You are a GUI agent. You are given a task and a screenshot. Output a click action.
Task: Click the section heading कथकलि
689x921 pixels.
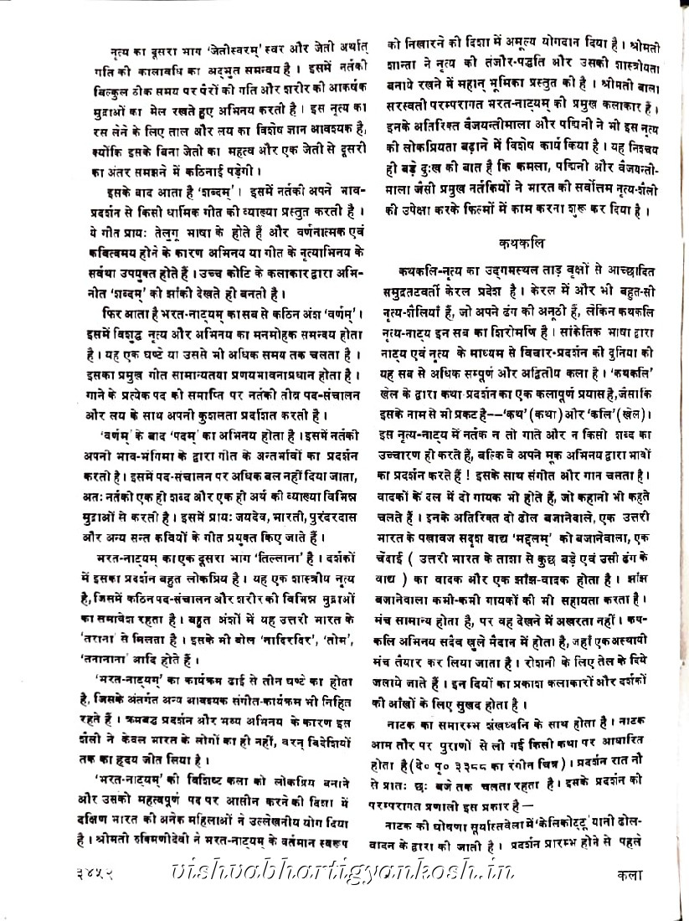[527, 244]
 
